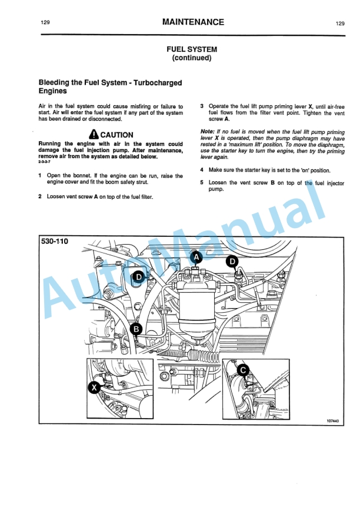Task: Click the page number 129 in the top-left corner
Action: coord(45,23)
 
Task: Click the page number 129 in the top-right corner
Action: coord(340,24)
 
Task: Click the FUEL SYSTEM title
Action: coord(192,49)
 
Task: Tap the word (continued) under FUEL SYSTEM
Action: coord(192,58)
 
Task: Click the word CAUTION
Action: coord(116,135)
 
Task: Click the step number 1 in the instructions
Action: coord(40,176)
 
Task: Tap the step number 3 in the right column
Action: coord(202,106)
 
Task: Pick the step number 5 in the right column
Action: coord(202,183)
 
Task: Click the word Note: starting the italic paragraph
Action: coord(208,132)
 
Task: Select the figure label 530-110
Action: coord(54,242)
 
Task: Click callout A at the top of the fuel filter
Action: coord(196,257)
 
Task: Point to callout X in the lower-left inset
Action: coord(94,387)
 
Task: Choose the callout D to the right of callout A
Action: coord(233,261)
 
